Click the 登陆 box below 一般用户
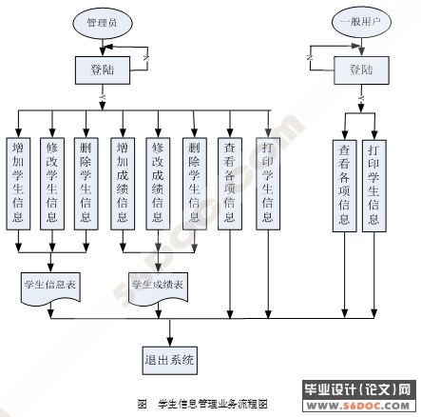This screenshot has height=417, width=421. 361,69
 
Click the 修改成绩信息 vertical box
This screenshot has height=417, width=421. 158,181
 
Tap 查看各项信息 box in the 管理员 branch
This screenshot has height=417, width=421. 229,181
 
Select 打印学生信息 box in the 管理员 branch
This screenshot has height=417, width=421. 268,181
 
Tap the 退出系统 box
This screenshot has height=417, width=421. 171,359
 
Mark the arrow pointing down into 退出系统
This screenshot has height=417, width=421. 171,333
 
